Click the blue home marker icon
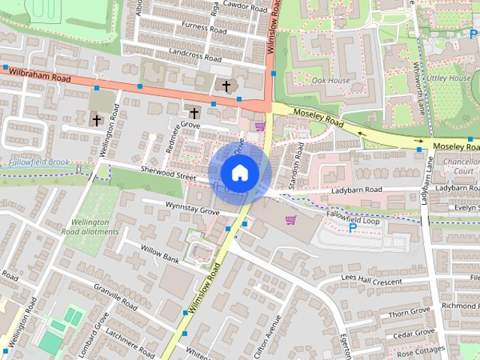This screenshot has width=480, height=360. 238,173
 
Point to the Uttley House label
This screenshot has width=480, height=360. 449,78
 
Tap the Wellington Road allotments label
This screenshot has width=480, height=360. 94,226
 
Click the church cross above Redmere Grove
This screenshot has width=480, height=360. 194,113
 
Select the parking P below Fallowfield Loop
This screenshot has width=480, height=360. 352,226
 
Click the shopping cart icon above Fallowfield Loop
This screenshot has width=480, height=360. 290,220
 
